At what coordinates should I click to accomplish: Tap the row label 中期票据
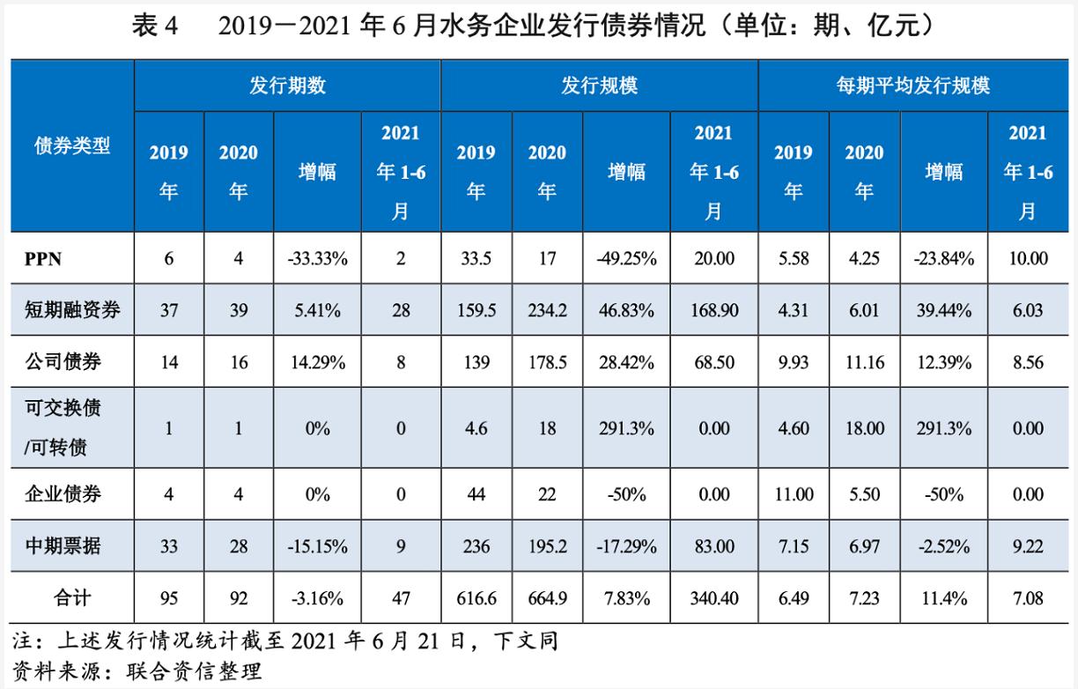[61, 545]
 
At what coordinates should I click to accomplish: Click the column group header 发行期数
[286, 85]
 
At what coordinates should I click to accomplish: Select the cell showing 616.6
[476, 599]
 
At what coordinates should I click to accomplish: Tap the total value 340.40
[714, 599]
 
